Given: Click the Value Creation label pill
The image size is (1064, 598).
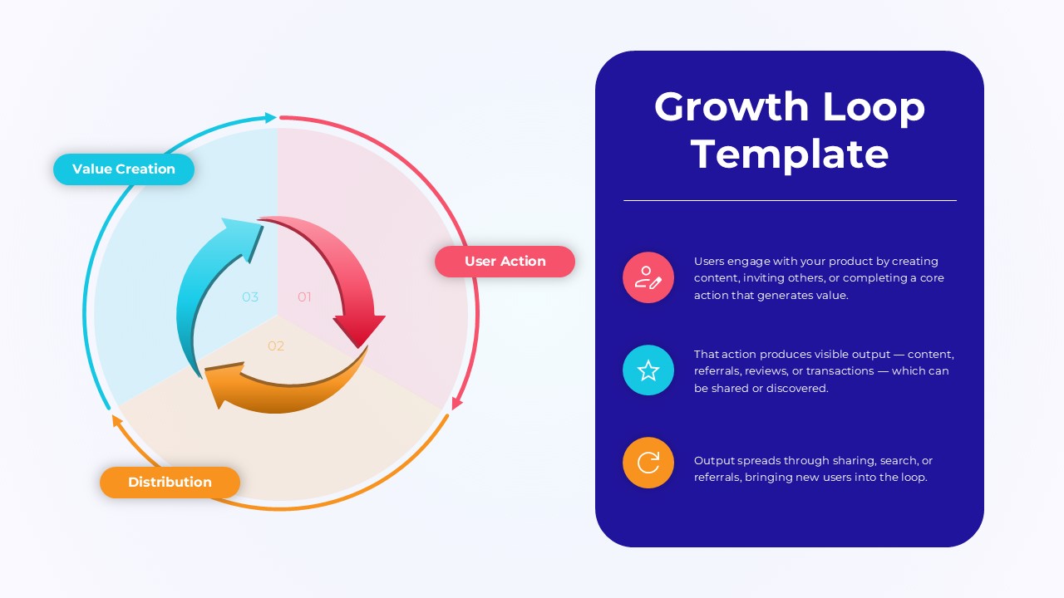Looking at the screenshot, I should point(124,169).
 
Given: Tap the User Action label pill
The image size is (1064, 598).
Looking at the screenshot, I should point(505,262).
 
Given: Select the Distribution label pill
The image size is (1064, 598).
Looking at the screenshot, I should point(170,483).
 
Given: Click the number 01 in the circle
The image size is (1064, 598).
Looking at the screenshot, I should point(304,297).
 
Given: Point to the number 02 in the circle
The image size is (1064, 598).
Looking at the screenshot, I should point(276,346).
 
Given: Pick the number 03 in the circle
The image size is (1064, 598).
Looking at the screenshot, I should point(250,297).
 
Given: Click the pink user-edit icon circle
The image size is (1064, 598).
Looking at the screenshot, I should point(648,277).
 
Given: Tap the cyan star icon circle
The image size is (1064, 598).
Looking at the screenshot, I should point(648,370).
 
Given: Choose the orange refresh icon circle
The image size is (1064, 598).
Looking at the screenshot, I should point(648,463).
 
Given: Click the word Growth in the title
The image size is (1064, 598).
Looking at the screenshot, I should point(731,107).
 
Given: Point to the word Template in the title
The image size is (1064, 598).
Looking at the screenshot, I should point(790,154).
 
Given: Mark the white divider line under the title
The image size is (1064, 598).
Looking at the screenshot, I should point(790,200).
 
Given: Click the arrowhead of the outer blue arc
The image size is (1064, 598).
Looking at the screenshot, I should point(270,118).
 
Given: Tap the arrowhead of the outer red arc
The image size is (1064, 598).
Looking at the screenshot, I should point(456,404).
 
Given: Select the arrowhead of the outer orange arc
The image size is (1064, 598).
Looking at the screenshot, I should point(116,420).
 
